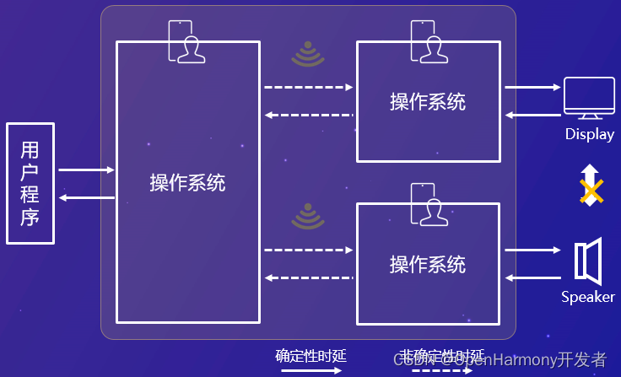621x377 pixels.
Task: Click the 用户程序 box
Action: pyautogui.click(x=30, y=183)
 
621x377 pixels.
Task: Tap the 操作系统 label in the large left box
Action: pyautogui.click(x=187, y=182)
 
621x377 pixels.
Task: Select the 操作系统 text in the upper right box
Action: pyautogui.click(x=428, y=102)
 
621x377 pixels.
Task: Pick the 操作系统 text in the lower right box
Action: pyautogui.click(x=428, y=264)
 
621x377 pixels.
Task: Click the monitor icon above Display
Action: pyautogui.click(x=589, y=98)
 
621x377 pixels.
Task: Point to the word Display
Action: pyautogui.click(x=590, y=134)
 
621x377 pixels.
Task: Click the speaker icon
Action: pyautogui.click(x=588, y=261)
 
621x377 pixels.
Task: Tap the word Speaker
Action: pyautogui.click(x=588, y=297)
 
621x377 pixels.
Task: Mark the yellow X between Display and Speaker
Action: pyautogui.click(x=591, y=191)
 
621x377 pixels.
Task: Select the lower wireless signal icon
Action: pyautogui.click(x=308, y=217)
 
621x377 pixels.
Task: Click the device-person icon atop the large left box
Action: pyautogui.click(x=186, y=41)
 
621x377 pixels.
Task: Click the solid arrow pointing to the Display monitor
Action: pyautogui.click(x=532, y=87)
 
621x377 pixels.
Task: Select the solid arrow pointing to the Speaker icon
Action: pyautogui.click(x=532, y=250)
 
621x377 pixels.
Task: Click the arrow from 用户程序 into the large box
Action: pyautogui.click(x=86, y=170)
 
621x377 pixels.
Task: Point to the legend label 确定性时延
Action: pyautogui.click(x=310, y=355)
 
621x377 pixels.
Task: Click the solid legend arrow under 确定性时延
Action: pyautogui.click(x=310, y=369)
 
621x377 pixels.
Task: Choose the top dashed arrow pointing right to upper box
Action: pyautogui.click(x=308, y=87)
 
